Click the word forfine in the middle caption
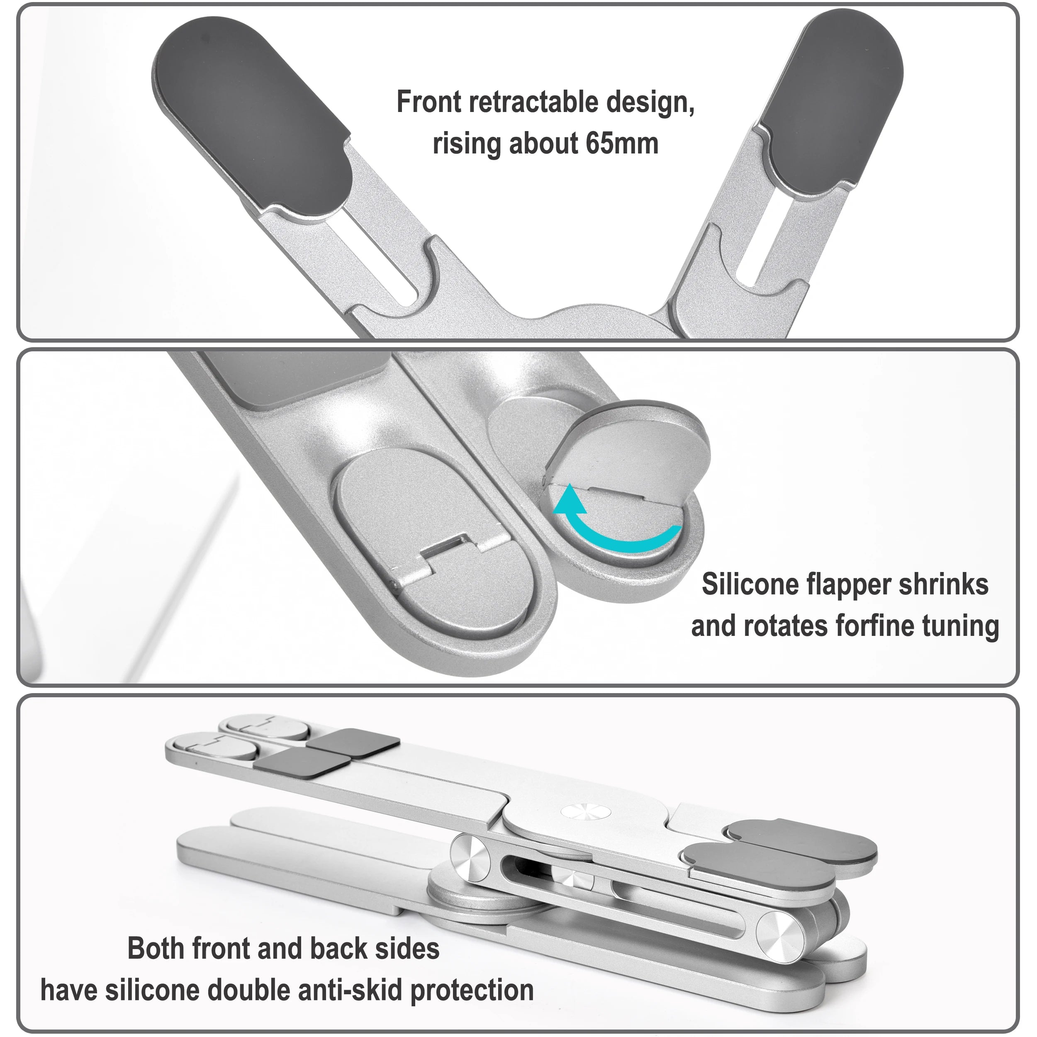tap(874, 626)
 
